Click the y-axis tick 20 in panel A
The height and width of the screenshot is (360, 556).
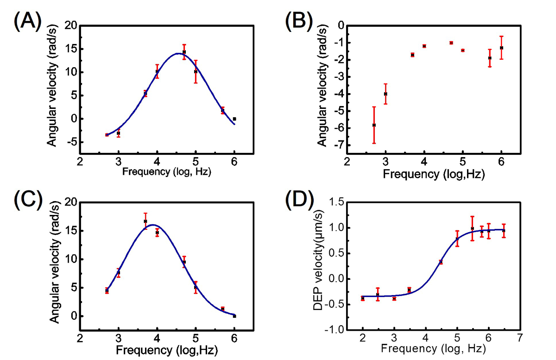coord(69,25)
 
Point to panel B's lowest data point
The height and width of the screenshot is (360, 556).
coord(374,125)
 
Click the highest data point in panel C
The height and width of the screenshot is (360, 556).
coord(145,221)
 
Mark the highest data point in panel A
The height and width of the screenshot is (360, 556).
coord(184,52)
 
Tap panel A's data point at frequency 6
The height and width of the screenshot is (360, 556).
coord(234,119)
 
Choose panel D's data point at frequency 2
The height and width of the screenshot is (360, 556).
coord(363,298)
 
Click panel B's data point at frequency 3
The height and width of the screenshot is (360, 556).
coord(385,94)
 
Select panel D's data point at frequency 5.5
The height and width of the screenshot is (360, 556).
coord(472,228)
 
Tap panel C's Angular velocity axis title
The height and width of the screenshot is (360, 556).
coord(54,265)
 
